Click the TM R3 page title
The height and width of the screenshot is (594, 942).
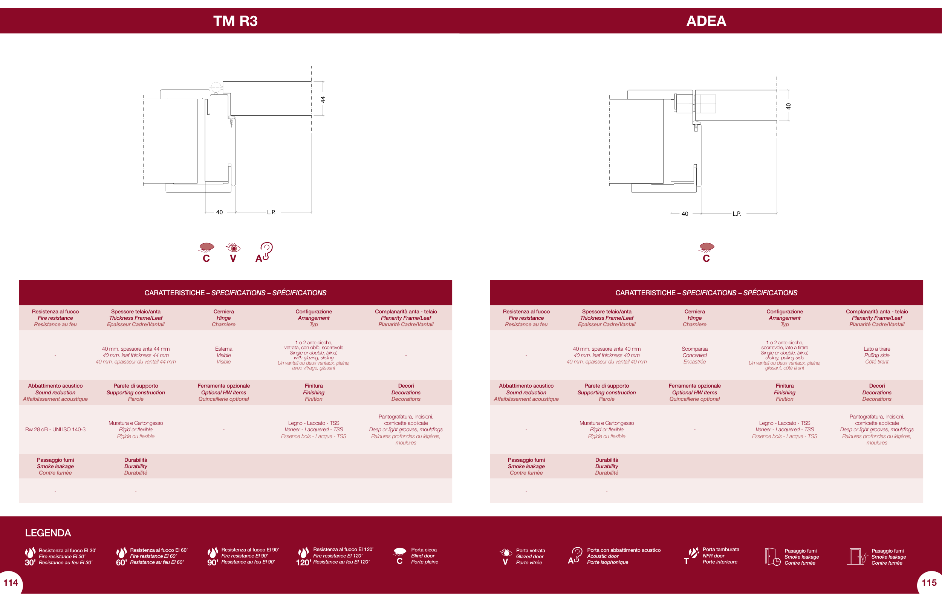[236, 21]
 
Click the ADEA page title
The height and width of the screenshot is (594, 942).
[706, 21]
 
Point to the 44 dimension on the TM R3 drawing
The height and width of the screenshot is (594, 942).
[323, 99]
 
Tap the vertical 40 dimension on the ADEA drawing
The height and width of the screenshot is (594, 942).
[788, 106]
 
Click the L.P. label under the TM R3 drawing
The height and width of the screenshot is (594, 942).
[271, 212]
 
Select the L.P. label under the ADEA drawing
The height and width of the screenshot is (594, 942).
[737, 214]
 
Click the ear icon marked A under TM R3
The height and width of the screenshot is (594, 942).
[264, 252]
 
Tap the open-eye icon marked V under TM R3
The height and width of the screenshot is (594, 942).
[233, 252]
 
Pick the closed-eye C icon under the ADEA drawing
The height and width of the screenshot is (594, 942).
[706, 252]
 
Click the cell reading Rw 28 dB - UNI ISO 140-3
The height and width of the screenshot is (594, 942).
[55, 429]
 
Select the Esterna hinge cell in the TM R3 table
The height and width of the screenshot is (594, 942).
[224, 355]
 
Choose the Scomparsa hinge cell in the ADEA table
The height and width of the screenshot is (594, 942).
[694, 355]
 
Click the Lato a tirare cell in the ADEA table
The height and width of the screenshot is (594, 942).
[877, 355]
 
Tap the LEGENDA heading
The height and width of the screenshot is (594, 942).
[48, 533]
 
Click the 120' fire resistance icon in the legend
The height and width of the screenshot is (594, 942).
[304, 556]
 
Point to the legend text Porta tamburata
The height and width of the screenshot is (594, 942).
[721, 550]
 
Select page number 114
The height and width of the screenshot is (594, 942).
[11, 583]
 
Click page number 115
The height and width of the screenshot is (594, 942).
[929, 583]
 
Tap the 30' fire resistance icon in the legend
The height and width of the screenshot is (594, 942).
[30, 556]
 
